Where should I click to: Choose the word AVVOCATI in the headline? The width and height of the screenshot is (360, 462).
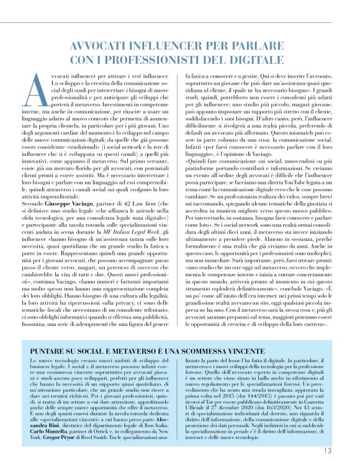97,47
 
